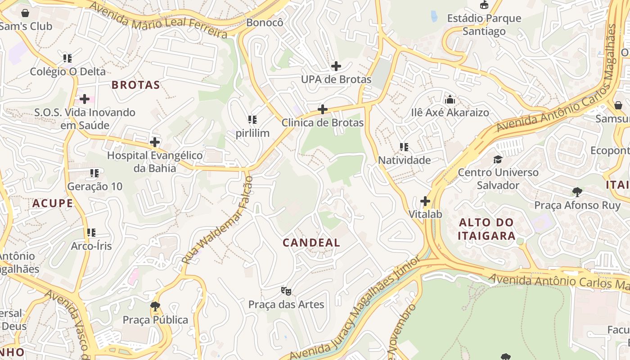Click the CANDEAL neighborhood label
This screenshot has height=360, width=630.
311,243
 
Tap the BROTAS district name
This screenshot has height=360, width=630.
135,85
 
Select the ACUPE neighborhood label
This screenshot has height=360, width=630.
53,203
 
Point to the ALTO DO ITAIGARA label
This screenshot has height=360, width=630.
486,229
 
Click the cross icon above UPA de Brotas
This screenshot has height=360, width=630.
336,66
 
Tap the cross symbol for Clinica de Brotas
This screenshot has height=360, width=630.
323,109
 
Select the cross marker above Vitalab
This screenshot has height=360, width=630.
425,201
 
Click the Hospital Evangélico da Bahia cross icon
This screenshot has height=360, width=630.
155,142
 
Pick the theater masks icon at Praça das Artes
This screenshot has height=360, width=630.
286,291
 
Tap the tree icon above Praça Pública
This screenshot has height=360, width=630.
155,306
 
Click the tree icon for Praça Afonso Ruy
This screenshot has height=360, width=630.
577,192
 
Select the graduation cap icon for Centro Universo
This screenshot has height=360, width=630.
498,159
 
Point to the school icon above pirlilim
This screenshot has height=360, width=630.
252,120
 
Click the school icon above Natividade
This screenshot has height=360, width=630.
404,147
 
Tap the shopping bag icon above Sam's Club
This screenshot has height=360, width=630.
25,13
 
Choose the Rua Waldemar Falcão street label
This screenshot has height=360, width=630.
218,220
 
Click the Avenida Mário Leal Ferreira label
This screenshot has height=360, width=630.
158,19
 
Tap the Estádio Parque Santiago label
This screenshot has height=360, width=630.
484,25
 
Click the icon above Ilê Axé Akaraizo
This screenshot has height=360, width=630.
450,99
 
